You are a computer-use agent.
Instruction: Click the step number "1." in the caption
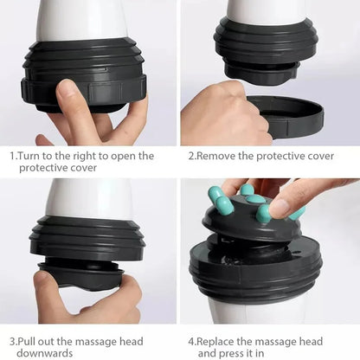13,156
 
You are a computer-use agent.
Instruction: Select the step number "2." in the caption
192,156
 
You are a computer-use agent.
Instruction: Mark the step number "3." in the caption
13,341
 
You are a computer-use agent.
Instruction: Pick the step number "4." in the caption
192,341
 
